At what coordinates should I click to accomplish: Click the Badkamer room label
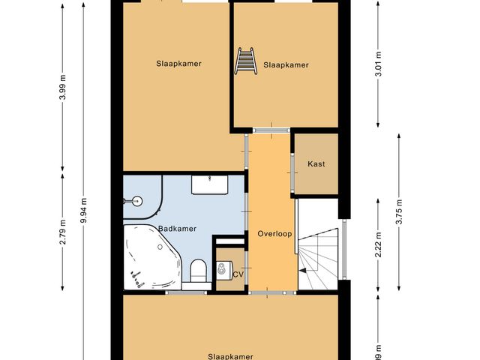tap(177, 229)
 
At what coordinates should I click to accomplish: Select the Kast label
tap(316, 164)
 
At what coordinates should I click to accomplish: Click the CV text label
tap(238, 274)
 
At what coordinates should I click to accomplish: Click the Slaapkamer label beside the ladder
tap(286, 65)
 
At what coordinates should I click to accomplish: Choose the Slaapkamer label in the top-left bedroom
tap(179, 63)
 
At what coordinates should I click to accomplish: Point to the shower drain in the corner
tap(136, 200)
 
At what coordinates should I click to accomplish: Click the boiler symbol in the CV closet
tap(223, 268)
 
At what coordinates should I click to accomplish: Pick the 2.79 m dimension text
tap(63, 232)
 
